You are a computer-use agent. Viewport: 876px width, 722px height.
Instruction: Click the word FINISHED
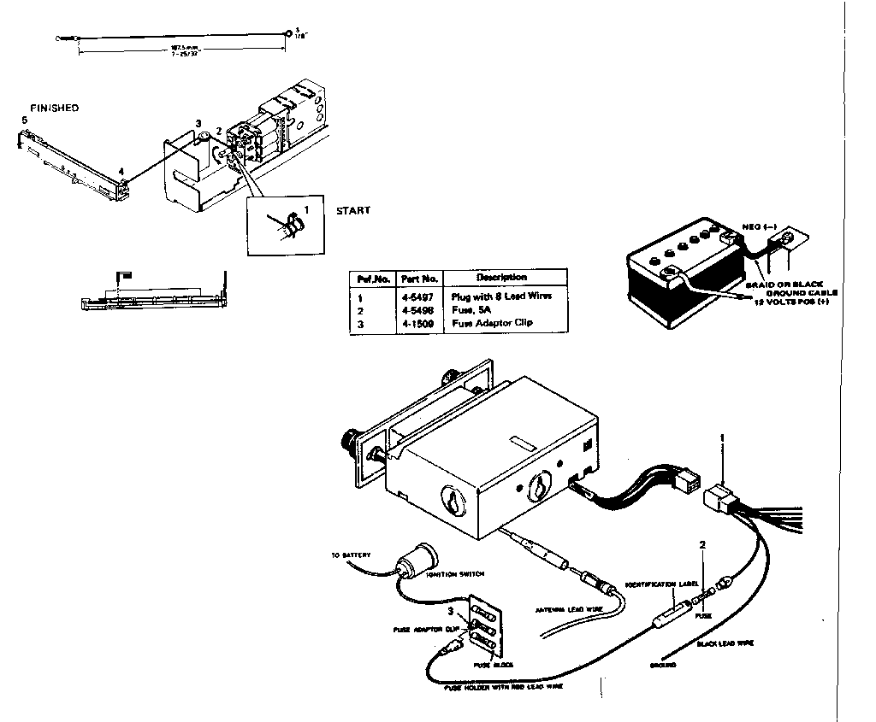pos(54,109)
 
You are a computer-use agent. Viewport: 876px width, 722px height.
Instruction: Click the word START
pos(353,210)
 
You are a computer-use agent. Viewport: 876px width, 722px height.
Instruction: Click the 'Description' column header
pos(502,278)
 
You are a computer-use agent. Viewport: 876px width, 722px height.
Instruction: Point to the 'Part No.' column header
pos(419,279)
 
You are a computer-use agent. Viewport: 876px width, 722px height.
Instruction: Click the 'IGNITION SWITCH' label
pos(451,575)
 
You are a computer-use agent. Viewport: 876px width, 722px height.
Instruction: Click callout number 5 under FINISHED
pos(25,121)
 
